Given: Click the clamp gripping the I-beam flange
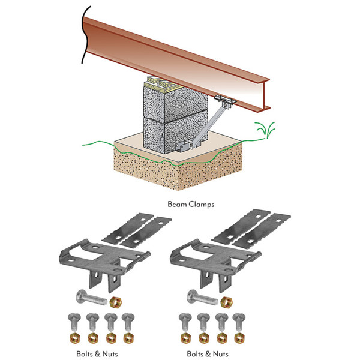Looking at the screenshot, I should tap(225, 100).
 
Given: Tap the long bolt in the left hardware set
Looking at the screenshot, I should tap(91, 297).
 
